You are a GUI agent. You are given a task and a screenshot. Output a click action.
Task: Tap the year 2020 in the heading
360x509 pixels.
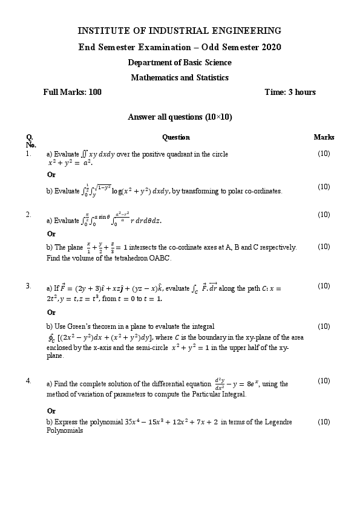[270, 47]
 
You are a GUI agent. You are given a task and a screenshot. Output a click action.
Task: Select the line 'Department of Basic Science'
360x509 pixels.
[180, 63]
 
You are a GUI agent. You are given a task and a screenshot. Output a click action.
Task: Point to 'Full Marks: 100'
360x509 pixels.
[73, 92]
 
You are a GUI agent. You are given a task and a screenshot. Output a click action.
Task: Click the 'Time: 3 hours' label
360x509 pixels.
[290, 92]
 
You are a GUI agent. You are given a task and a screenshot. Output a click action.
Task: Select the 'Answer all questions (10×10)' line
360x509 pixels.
[180, 117]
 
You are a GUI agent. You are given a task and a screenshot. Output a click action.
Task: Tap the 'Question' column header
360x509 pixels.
[176, 137]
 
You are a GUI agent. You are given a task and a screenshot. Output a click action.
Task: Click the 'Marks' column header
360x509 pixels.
[324, 137]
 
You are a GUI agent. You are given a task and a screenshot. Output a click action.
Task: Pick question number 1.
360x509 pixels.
[28, 154]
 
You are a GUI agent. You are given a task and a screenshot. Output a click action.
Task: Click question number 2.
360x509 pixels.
[28, 215]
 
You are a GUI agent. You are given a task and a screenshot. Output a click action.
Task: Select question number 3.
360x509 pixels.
[28, 286]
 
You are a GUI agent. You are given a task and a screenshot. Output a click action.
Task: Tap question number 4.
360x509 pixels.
[28, 381]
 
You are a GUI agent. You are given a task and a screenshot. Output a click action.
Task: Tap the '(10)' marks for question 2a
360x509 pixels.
[324, 215]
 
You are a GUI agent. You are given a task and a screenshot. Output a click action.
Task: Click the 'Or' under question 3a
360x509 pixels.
[51, 313]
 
